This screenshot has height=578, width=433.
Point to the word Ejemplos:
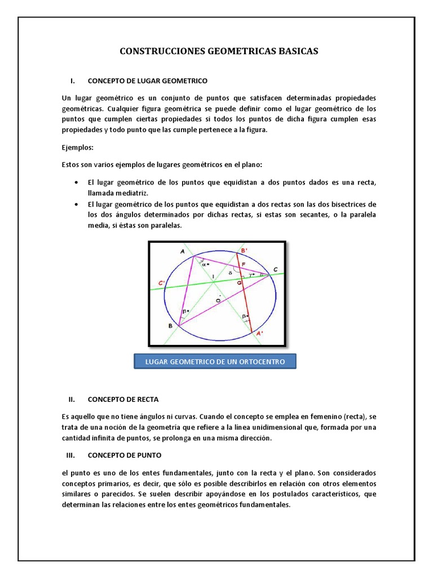(78, 148)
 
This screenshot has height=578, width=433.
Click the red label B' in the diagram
(244, 250)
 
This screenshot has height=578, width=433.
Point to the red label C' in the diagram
(161, 282)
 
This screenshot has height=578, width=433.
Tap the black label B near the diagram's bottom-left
(170, 326)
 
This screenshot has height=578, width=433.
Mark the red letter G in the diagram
(238, 281)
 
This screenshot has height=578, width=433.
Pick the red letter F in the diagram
(243, 264)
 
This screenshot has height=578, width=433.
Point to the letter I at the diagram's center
(213, 275)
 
